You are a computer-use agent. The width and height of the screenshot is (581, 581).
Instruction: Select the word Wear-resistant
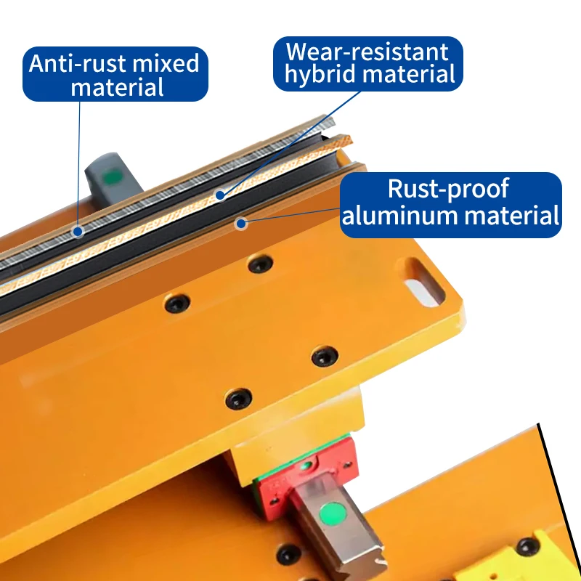[367, 52]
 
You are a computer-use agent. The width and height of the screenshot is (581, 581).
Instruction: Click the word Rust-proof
[448, 189]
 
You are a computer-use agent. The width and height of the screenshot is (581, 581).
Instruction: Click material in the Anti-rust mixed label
[117, 87]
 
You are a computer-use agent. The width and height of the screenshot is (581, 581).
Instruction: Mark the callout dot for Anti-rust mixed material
[78, 232]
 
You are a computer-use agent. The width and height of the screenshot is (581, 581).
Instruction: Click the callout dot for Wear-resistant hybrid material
[220, 195]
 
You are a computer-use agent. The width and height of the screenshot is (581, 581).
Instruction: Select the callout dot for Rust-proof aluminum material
[241, 224]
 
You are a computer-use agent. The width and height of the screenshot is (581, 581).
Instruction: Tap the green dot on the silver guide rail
[333, 514]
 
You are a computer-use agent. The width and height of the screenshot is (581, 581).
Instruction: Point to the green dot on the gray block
[113, 176]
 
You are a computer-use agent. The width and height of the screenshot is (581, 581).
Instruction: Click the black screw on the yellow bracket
[528, 547]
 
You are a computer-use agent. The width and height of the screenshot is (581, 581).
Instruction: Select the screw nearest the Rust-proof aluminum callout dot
[261, 264]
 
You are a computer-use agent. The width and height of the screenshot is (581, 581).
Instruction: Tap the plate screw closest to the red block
[239, 399]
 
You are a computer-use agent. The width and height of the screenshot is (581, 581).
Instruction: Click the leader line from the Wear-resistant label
[290, 143]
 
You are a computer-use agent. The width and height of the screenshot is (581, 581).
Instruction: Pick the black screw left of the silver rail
[289, 555]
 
